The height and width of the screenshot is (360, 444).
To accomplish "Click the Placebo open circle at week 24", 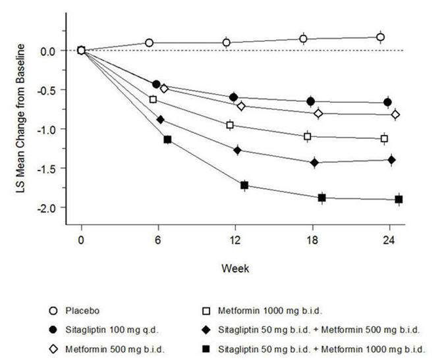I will tap(381, 38).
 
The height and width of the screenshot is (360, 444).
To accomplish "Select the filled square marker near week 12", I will tap(244, 186).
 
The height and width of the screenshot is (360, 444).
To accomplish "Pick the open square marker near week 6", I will tap(153, 99).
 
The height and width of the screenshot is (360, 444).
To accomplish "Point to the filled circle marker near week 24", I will tap(388, 102).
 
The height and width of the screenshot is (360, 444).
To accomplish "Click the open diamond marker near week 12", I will tap(241, 106).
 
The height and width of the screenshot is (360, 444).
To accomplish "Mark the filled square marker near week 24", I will tap(399, 199).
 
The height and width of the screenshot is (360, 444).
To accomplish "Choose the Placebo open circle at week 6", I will tap(149, 43).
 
